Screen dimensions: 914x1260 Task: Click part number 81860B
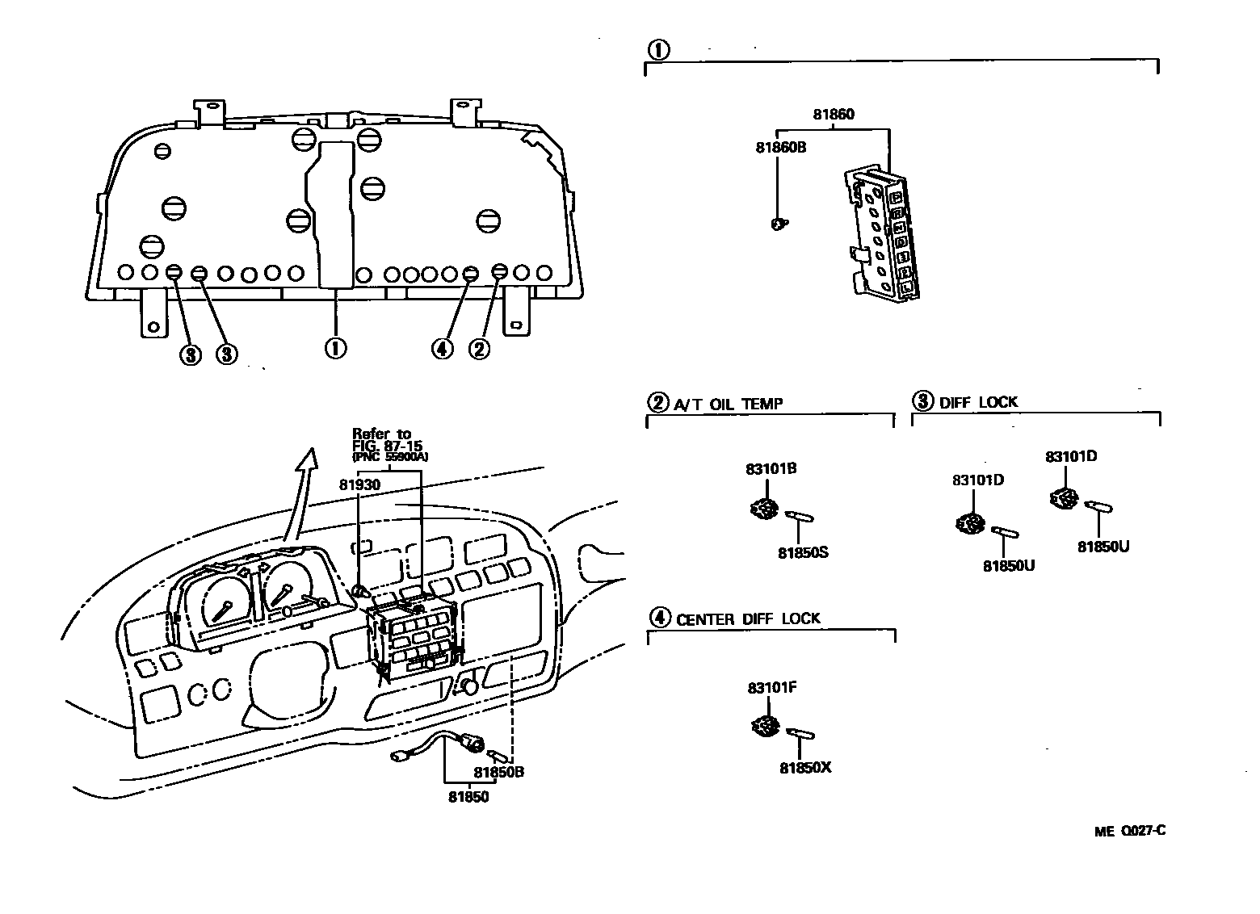(780, 148)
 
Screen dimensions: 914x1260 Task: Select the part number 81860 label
(833, 115)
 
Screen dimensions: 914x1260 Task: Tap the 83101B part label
(771, 468)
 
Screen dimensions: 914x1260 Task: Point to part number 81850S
(803, 553)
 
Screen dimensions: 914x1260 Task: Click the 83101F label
(772, 688)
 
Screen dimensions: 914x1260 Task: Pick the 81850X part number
(804, 768)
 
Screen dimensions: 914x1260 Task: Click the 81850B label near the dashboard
(498, 771)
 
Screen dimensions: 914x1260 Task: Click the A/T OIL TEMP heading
(728, 404)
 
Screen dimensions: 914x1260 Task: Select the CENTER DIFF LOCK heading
(747, 619)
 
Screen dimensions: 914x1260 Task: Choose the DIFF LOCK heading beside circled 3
(978, 402)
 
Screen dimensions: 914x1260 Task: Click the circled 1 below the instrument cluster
(335, 348)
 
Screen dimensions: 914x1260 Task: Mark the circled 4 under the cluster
(442, 349)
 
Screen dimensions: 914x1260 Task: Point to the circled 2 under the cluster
(479, 349)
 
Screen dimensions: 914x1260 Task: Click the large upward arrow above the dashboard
(302, 485)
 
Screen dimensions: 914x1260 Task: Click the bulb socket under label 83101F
(763, 726)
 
